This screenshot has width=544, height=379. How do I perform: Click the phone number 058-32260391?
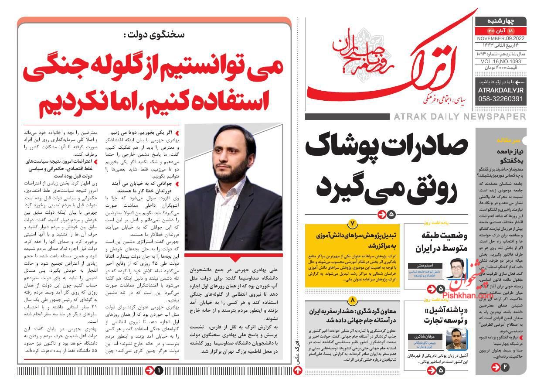coord(500,99)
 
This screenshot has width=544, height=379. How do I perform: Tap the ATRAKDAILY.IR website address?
coord(500,90)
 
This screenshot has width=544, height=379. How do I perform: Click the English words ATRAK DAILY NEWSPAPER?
coord(459,116)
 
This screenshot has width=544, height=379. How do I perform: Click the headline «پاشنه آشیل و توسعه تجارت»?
coord(440,315)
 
